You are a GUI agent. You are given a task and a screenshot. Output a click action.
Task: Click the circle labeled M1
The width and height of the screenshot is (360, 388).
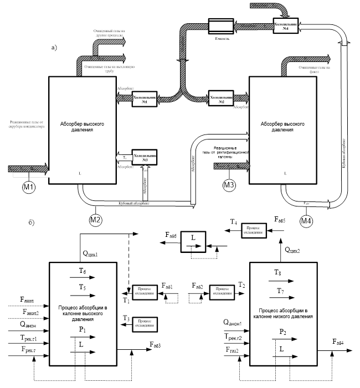(29, 187)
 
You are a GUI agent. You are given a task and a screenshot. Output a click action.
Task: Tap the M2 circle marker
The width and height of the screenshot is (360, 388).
(96, 218)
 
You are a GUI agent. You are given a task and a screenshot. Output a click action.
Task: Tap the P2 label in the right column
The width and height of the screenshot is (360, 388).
(282, 332)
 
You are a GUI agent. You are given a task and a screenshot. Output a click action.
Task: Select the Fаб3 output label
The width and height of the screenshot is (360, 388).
(156, 345)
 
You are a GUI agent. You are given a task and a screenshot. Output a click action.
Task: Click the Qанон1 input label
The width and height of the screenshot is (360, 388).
(234, 322)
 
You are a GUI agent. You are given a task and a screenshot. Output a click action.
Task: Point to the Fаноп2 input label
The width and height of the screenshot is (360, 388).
(30, 312)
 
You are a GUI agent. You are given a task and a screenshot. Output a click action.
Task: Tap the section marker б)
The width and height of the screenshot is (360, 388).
(32, 224)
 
